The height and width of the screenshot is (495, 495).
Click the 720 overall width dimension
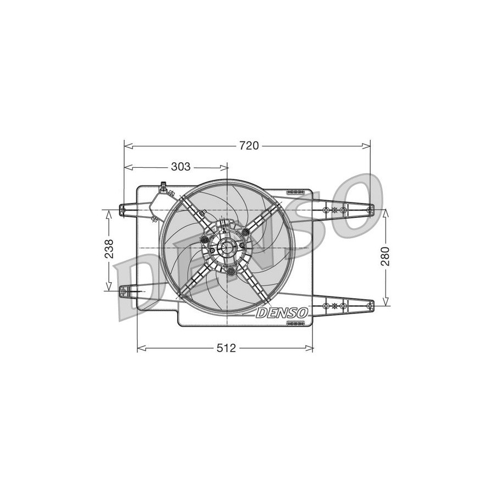[249, 146]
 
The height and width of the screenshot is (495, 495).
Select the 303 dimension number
[180, 167]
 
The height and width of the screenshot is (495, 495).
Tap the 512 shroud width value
[226, 348]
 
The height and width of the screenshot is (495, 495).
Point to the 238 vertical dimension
[109, 249]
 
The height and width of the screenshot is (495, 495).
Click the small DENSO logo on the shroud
[282, 312]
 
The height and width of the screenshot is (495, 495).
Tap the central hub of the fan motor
[227, 249]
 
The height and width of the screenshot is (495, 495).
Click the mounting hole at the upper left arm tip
[123, 208]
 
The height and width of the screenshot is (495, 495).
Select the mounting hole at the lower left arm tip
[123, 289]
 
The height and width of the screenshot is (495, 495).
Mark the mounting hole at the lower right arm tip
[370, 304]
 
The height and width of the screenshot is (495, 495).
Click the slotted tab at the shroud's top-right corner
[295, 191]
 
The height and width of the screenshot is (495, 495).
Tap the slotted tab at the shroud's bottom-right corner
[296, 323]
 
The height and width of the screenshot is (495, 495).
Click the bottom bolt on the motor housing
[232, 271]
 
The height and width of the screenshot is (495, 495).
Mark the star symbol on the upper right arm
[335, 211]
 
